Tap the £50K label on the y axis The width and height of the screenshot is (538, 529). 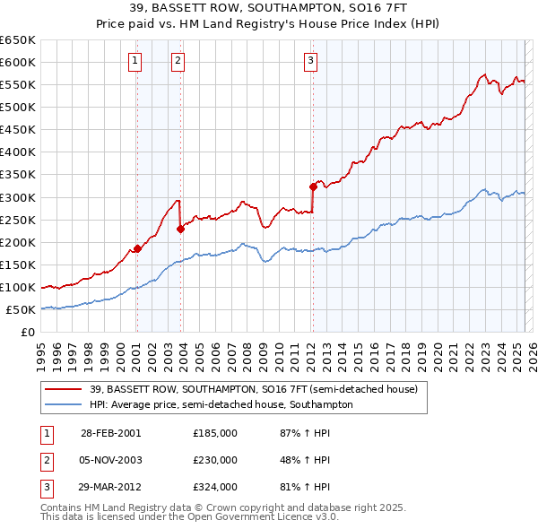click(22, 310)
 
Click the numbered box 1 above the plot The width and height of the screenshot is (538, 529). click(134, 61)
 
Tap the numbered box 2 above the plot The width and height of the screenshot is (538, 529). click(178, 61)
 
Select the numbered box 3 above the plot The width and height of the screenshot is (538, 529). click(310, 61)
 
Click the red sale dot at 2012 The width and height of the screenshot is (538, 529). click(313, 186)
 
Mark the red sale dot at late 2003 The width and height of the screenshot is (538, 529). click(180, 229)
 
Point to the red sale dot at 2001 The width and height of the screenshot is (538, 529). click(137, 248)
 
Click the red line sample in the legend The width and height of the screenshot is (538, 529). click(64, 390)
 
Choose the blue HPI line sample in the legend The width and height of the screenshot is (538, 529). click(64, 404)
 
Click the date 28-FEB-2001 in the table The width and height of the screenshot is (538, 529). click(111, 433)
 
